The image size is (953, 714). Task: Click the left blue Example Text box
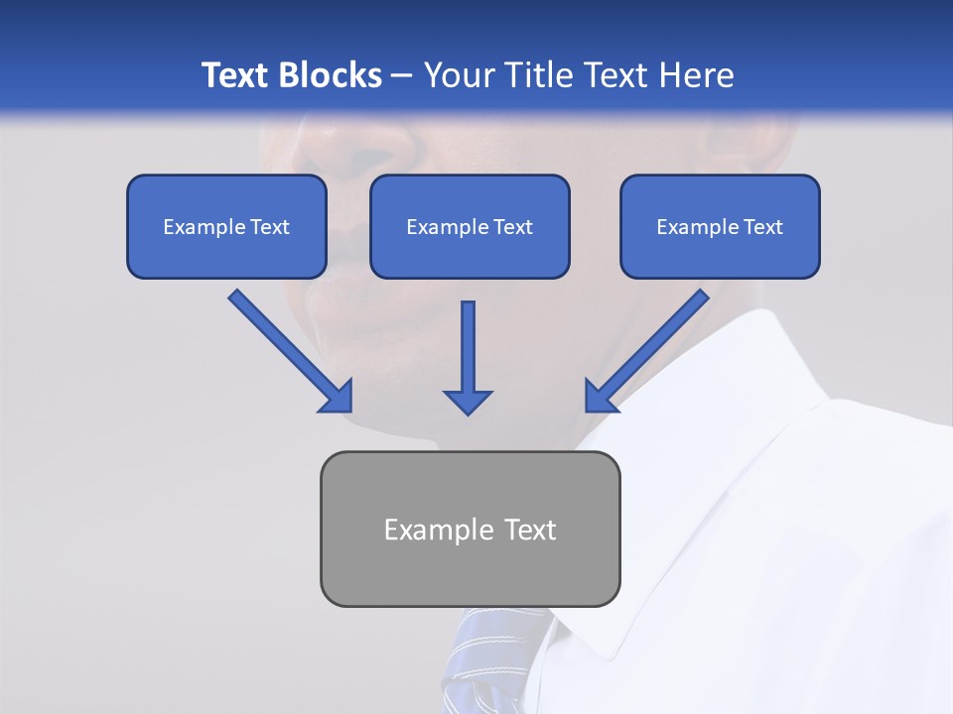pos(226,226)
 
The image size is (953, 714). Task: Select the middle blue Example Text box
pos(470,226)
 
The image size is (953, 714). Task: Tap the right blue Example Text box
pos(720,226)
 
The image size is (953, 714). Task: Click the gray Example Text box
pos(470,529)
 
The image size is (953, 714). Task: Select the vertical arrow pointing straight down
pos(468,358)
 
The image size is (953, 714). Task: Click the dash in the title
pos(402,75)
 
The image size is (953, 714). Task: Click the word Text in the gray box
pos(529,530)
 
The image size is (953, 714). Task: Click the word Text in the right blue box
pos(761,227)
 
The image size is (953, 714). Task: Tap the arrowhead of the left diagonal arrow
pos(337,396)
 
